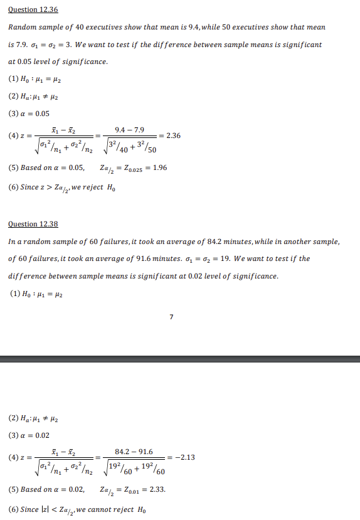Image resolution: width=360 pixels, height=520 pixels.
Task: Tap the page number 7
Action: click(x=171, y=316)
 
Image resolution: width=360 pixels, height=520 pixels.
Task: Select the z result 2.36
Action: click(x=172, y=135)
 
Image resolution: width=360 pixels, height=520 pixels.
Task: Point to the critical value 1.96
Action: click(x=158, y=168)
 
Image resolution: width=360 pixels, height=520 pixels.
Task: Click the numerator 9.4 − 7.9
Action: click(x=130, y=130)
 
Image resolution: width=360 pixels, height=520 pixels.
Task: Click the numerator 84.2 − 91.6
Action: click(x=134, y=451)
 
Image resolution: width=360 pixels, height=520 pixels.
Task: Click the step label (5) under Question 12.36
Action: click(x=13, y=168)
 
